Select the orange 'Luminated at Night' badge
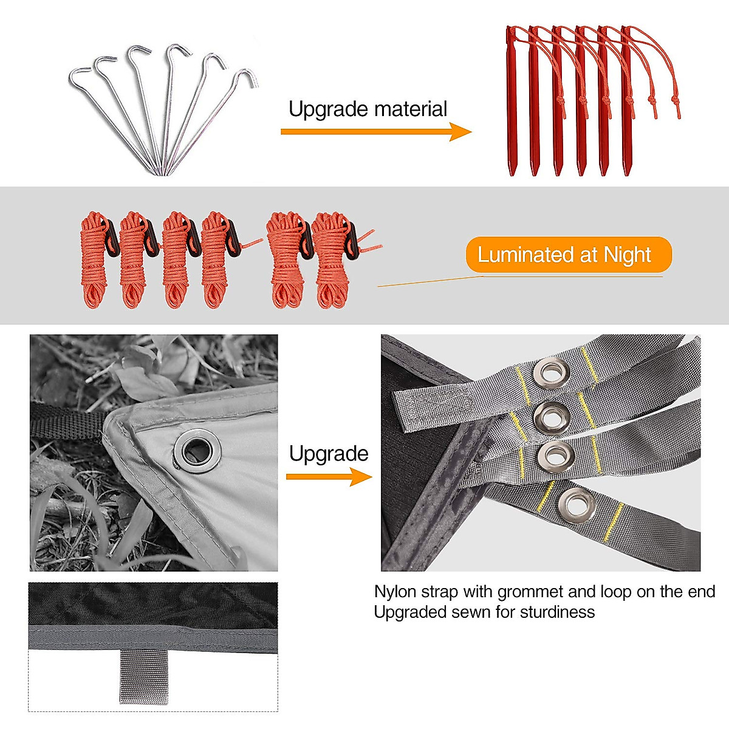[x=568, y=255]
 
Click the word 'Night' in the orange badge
[x=627, y=255]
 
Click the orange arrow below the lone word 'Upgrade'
[x=329, y=477]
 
